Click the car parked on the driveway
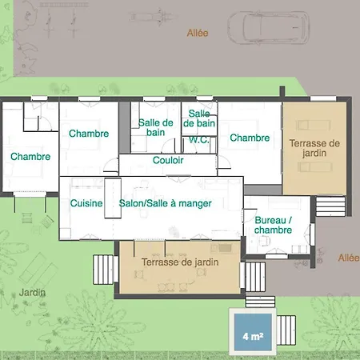269,27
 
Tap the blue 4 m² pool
253,332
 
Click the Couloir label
168,160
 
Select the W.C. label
199,139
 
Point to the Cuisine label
86,203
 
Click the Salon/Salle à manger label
166,203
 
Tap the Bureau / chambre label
273,225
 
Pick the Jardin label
32,293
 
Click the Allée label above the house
198,33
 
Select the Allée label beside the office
349,258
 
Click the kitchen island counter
113,198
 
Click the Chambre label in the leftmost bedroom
30,156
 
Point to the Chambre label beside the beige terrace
250,138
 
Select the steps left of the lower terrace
103,270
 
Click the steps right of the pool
286,330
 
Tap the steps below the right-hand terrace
330,206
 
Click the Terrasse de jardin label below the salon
180,262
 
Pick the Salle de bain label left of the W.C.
155,127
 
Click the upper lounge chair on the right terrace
314,125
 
